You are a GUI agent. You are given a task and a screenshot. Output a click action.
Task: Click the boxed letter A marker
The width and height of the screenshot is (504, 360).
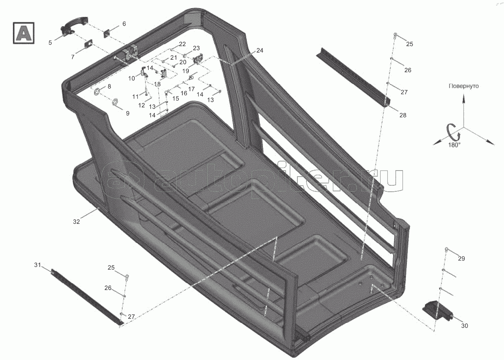click(x=23, y=33)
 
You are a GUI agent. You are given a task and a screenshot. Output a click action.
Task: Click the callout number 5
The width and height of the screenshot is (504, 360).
click(x=50, y=42)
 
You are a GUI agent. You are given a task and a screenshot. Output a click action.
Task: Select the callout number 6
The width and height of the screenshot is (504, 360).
click(x=124, y=23)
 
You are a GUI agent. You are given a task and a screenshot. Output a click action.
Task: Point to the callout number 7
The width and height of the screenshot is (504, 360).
click(x=73, y=57)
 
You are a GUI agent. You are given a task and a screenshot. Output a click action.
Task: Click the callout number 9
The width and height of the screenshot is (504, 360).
click(x=128, y=113)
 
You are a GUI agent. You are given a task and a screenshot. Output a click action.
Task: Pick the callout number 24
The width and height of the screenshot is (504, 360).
click(x=260, y=50)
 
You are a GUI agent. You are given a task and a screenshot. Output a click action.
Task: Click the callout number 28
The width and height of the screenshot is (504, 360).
click(x=403, y=115)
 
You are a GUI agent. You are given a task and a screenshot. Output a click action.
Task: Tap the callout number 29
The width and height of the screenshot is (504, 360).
click(x=461, y=259)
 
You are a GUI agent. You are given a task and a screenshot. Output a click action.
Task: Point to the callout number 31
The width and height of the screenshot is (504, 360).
click(x=37, y=265)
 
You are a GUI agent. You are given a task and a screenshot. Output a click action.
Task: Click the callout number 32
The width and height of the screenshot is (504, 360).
click(x=76, y=222)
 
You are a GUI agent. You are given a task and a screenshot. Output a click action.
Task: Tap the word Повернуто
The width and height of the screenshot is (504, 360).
click(x=464, y=86)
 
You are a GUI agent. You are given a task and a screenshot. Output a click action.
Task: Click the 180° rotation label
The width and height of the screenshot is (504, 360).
click(x=454, y=145)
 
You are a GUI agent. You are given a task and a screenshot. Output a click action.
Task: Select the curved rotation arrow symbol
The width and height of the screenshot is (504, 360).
click(x=453, y=133)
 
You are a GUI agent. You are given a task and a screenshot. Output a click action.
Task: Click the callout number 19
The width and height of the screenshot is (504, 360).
click(x=186, y=71)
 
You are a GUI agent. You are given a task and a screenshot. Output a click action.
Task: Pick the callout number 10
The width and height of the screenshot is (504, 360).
click(x=132, y=78)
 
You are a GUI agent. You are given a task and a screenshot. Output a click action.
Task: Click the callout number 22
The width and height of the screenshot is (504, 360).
click(x=182, y=44)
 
